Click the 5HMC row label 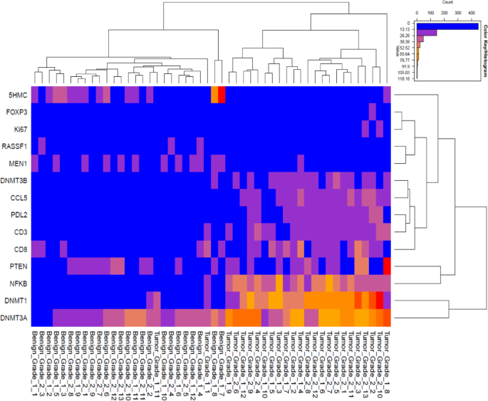(x=16, y=94)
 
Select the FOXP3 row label (x=14, y=111)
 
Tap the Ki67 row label (x=18, y=129)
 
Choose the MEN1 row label (x=16, y=163)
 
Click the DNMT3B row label (x=13, y=181)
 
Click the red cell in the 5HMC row (x=221, y=94)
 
